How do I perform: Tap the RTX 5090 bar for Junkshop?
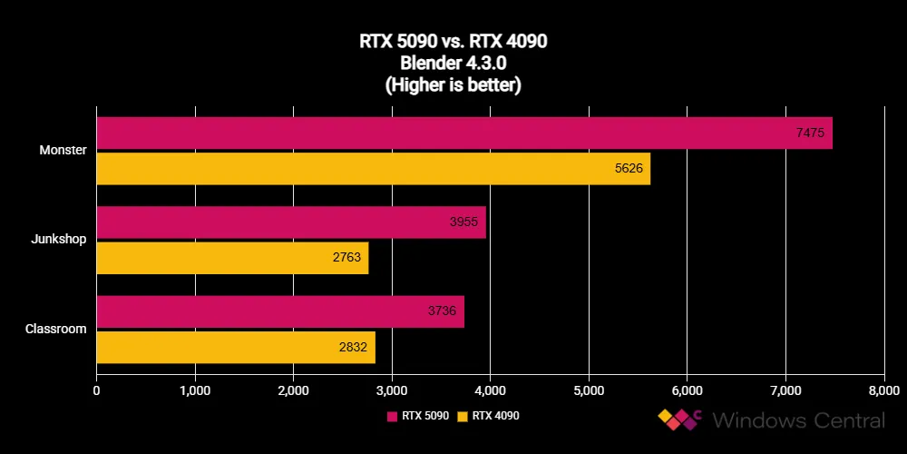click(291, 222)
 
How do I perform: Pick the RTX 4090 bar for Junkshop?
click(232, 258)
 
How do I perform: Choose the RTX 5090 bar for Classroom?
click(280, 311)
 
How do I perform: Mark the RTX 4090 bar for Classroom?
click(236, 347)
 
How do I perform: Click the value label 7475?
click(810, 133)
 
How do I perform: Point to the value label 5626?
click(628, 169)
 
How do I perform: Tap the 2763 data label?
click(346, 258)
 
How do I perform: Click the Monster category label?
click(63, 151)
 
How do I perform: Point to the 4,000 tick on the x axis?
click(490, 391)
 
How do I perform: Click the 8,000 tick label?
click(883, 391)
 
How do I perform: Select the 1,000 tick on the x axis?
click(195, 391)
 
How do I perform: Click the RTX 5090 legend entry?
click(418, 416)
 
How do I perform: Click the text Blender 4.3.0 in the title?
click(453, 64)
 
